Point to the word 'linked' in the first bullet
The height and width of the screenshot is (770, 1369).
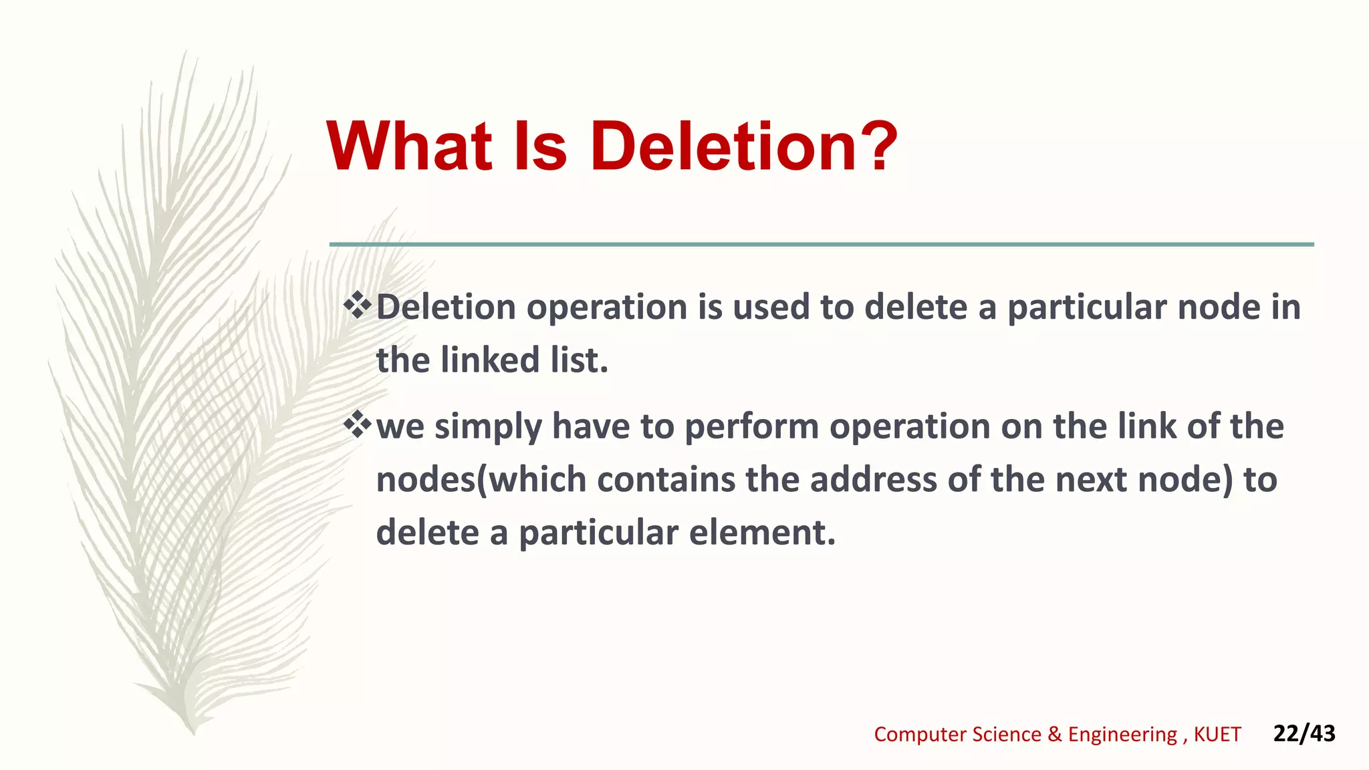click(490, 360)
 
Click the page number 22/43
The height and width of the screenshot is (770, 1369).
click(1304, 733)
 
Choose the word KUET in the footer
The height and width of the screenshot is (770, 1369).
click(1217, 734)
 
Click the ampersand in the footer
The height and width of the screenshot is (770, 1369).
click(1055, 734)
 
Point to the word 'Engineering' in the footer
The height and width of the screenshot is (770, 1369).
click(1122, 735)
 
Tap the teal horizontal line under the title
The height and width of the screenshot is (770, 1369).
click(822, 245)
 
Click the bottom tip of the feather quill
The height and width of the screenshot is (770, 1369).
click(193, 731)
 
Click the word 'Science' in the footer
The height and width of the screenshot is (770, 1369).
click(1007, 734)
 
